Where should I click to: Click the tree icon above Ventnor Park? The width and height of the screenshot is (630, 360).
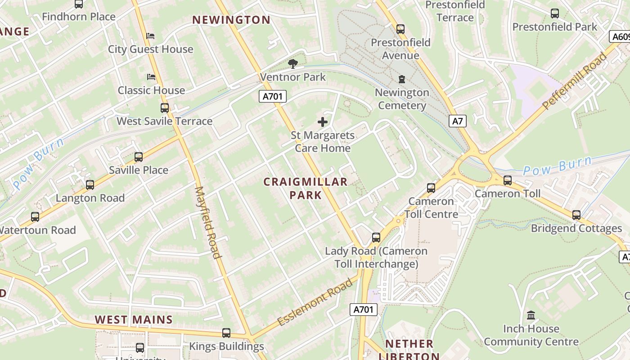pyautogui.click(x=292, y=63)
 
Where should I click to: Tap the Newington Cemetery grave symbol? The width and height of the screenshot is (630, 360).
pyautogui.click(x=401, y=79)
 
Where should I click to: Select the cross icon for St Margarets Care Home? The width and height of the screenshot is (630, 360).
pyautogui.click(x=322, y=121)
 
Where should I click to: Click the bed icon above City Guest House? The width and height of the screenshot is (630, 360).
pyautogui.click(x=151, y=36)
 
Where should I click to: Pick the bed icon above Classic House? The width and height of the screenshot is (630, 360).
pyautogui.click(x=151, y=77)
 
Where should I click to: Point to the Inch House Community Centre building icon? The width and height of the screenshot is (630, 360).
pyautogui.click(x=531, y=315)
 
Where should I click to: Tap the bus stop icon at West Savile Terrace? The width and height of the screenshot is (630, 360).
pyautogui.click(x=165, y=108)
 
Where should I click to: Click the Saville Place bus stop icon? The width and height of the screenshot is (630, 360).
pyautogui.click(x=139, y=157)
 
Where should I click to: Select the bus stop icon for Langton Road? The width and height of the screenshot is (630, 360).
pyautogui.click(x=90, y=185)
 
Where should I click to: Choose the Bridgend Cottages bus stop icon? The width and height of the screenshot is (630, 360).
pyautogui.click(x=576, y=215)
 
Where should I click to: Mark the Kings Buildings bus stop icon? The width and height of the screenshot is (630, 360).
pyautogui.click(x=226, y=333)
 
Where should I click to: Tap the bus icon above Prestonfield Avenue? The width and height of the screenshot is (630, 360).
pyautogui.click(x=400, y=29)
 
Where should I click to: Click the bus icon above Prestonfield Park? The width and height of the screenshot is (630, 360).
pyautogui.click(x=555, y=13)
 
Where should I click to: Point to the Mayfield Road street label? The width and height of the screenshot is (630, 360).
pyautogui.click(x=208, y=222)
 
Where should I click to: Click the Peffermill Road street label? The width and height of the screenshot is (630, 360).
pyautogui.click(x=575, y=81)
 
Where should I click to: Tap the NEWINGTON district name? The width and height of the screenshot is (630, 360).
pyautogui.click(x=231, y=20)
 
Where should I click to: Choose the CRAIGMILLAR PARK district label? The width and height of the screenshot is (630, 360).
pyautogui.click(x=306, y=188)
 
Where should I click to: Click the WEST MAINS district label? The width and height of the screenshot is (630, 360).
pyautogui.click(x=134, y=320)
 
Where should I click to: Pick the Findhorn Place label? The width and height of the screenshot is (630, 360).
pyautogui.click(x=79, y=17)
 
